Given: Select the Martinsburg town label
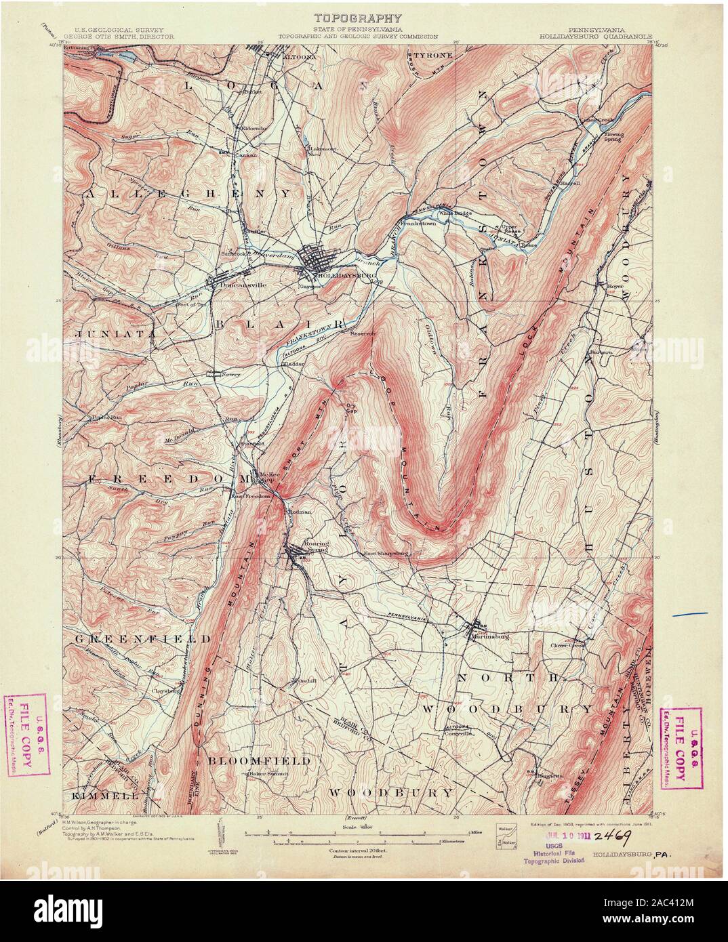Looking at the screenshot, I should [x=491, y=635].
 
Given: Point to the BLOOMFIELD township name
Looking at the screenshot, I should [x=260, y=761].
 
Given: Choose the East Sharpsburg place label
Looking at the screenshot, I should [x=385, y=553].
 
